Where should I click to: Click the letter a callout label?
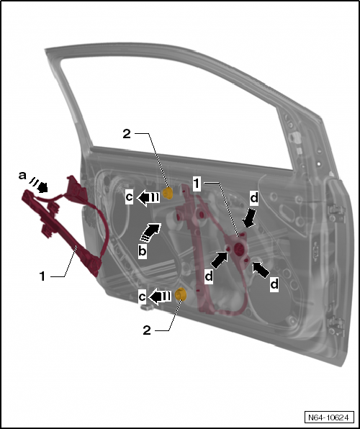point(22,176)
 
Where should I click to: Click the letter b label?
point(143,251)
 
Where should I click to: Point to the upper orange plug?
point(168,193)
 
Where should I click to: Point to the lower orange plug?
point(181,294)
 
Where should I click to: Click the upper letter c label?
point(129,197)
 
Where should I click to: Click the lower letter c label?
point(142,297)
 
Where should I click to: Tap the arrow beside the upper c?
point(148,198)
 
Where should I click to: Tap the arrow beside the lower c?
point(160,297)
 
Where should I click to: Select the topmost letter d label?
point(254,198)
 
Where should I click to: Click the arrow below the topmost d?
point(249,218)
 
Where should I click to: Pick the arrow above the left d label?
point(220,260)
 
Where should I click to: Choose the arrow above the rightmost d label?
point(261,270)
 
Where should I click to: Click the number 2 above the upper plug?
point(127,134)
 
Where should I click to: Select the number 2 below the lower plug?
point(147,330)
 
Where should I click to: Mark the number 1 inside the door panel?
point(197,184)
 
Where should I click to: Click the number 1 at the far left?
point(42,276)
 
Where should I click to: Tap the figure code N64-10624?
point(328,417)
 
